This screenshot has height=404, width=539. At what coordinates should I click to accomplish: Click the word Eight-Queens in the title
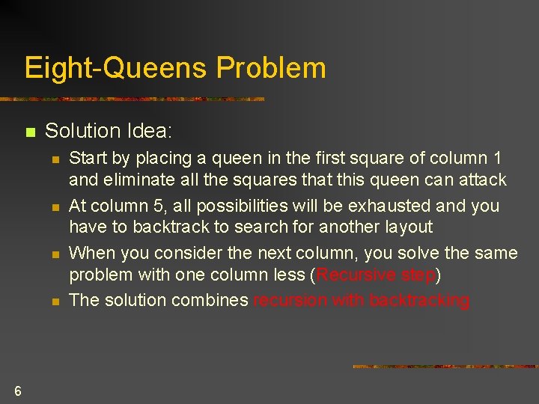117,68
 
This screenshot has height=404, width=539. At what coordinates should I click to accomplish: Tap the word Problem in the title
271,68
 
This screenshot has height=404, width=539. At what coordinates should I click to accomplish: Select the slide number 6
17,391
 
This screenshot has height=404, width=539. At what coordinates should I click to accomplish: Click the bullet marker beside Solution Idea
29,132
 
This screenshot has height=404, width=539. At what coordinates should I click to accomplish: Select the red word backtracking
420,300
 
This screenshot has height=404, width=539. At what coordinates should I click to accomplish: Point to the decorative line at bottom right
445,366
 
